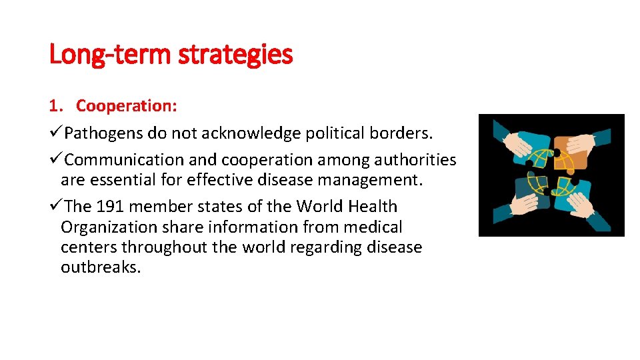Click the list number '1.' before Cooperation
point(55,106)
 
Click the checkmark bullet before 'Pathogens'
point(56,133)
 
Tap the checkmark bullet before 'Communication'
point(56,160)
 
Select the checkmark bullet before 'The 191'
point(56,207)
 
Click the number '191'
point(111,207)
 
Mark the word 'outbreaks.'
point(101,268)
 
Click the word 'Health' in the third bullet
point(372,207)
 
